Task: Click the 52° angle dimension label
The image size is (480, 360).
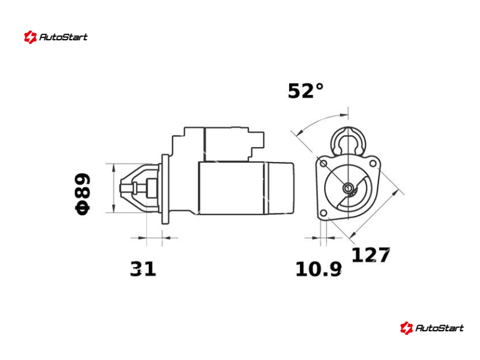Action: (x=305, y=91)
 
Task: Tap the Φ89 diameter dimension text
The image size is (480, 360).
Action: (x=83, y=194)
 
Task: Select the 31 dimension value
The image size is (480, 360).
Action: (x=143, y=269)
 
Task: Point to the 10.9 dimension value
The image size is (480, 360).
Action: (x=319, y=269)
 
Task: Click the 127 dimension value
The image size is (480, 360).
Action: (x=370, y=255)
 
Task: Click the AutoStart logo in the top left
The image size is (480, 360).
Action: (x=56, y=37)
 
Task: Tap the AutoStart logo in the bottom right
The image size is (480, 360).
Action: (x=431, y=328)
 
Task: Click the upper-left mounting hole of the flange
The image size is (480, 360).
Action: (x=323, y=163)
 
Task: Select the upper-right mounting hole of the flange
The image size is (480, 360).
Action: (x=373, y=163)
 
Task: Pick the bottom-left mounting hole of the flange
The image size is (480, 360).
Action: (x=323, y=213)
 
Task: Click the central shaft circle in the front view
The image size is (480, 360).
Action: (x=348, y=188)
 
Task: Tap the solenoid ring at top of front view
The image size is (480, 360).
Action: (x=348, y=141)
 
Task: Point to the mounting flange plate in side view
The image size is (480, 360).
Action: (x=166, y=189)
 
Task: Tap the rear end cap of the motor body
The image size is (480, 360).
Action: (x=281, y=188)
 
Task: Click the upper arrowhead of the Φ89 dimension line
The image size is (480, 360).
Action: (x=114, y=167)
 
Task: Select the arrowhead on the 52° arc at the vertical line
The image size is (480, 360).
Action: (x=344, y=115)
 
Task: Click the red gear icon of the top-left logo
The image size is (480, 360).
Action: (x=31, y=37)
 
